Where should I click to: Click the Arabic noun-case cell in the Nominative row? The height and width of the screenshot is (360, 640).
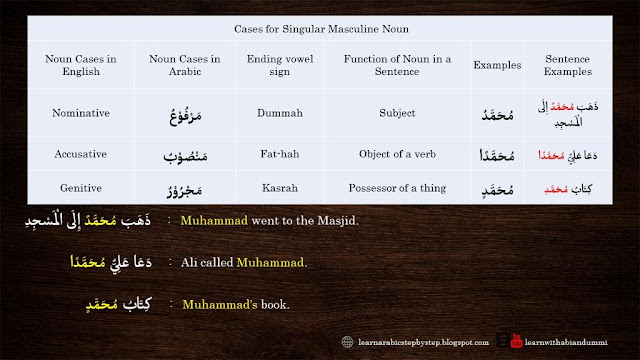pyautogui.click(x=177, y=112)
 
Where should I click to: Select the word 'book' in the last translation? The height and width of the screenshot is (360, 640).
pyautogui.click(x=273, y=303)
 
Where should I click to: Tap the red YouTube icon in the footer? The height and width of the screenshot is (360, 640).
pyautogui.click(x=515, y=341)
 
